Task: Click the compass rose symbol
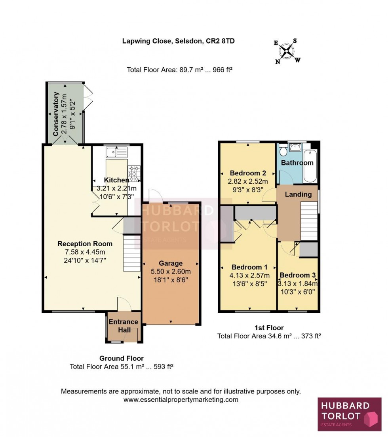[x=287, y=51]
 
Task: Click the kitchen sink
[x=117, y=151]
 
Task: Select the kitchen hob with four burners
[x=134, y=173]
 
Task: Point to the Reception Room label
[x=85, y=243]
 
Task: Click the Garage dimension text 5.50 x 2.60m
[x=171, y=272]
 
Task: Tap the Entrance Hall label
[x=124, y=325]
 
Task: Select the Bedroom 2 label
[x=247, y=173]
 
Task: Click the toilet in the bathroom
[x=283, y=151]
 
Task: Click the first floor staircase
[x=309, y=220]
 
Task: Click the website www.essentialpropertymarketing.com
[x=181, y=399]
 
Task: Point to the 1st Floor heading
[x=269, y=328]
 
